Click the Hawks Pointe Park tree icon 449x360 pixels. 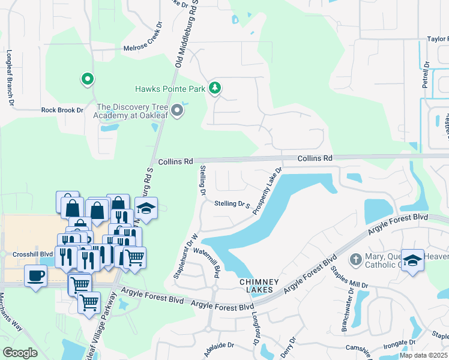(215, 89)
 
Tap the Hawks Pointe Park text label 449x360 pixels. (170, 89)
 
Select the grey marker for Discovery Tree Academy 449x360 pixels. (177, 110)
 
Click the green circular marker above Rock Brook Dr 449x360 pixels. (87, 79)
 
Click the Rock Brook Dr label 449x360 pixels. (62, 110)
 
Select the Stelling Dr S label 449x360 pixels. (232, 205)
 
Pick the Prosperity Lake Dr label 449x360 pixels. (267, 191)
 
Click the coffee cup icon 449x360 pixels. (35, 276)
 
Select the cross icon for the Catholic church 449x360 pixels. (355, 259)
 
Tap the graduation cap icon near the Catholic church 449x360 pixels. (412, 260)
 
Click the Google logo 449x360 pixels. (20, 353)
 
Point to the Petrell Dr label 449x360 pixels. (426, 75)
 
